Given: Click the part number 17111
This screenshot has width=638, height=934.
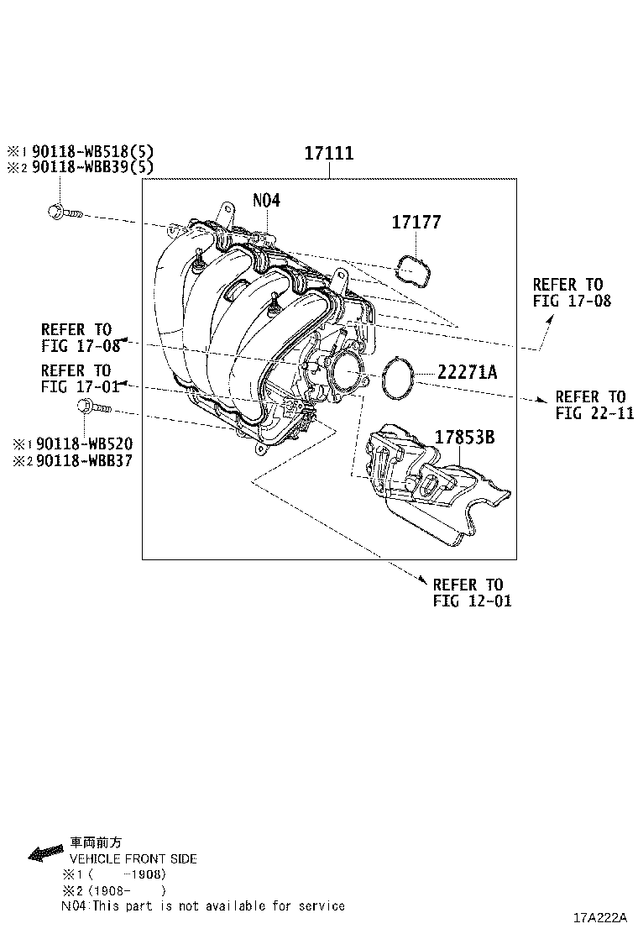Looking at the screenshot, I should pyautogui.click(x=328, y=154).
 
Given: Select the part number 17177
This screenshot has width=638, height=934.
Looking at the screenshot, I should pyautogui.click(x=416, y=223).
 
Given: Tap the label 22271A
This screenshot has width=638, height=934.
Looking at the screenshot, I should pyautogui.click(x=467, y=372).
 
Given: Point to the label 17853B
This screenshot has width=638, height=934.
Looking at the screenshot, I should pyautogui.click(x=464, y=437).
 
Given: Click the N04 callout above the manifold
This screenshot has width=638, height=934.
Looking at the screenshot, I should pyautogui.click(x=266, y=201).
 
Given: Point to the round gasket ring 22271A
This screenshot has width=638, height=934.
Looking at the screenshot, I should pyautogui.click(x=398, y=378).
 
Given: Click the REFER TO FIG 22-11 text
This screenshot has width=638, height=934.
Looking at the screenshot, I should pyautogui.click(x=590, y=404).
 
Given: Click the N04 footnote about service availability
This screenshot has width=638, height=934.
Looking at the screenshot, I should pyautogui.click(x=202, y=905).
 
